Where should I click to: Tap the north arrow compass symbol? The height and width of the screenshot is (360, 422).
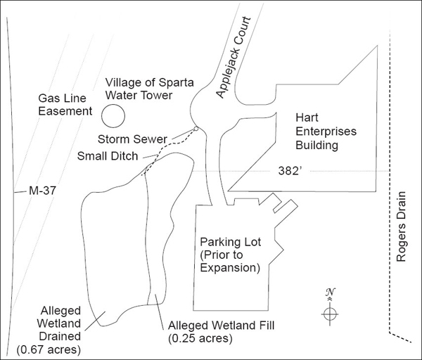tap(331, 313)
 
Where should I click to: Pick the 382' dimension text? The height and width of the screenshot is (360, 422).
tap(288, 171)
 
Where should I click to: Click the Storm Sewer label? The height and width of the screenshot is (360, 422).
tap(129, 138)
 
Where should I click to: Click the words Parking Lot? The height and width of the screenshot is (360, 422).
tap(230, 242)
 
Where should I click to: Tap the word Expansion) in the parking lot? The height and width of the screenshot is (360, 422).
tap(231, 269)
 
